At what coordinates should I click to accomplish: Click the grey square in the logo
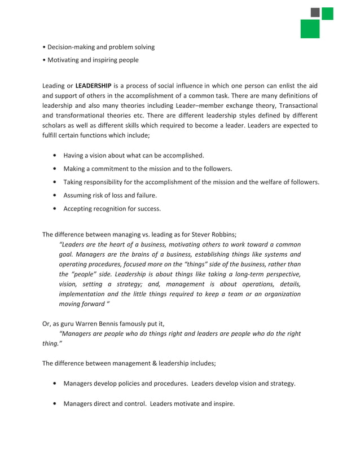[315, 12]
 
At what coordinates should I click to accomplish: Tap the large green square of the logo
[310, 29]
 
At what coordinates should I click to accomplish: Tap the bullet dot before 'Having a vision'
[54, 155]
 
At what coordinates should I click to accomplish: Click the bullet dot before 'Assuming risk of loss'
[54, 196]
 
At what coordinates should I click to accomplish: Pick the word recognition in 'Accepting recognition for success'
[113, 209]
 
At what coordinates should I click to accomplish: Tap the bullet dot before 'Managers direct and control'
[54, 404]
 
